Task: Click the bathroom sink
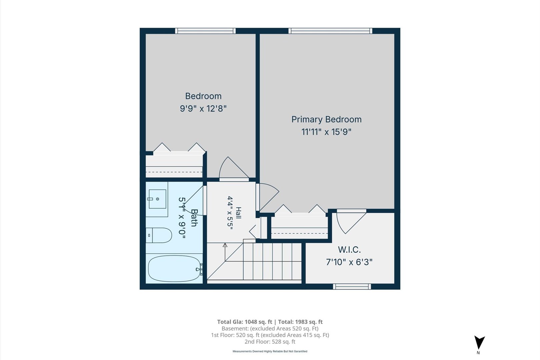157,199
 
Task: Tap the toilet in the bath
159,235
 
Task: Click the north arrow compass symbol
479,342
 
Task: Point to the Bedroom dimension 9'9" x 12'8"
203,109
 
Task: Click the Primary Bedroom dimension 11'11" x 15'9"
326,132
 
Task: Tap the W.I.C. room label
349,250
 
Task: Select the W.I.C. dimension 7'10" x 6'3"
349,262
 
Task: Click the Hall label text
238,213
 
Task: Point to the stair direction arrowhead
225,245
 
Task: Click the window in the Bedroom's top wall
205,31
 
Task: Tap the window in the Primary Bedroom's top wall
330,31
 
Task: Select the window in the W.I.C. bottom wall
352,286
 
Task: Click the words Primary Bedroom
326,120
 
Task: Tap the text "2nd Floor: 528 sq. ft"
270,342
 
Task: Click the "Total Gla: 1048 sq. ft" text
244,322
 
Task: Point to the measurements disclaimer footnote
270,351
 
